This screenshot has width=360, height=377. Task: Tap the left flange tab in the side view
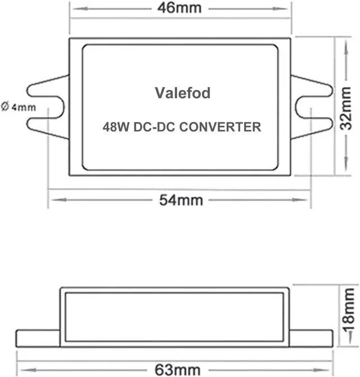(38, 338)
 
